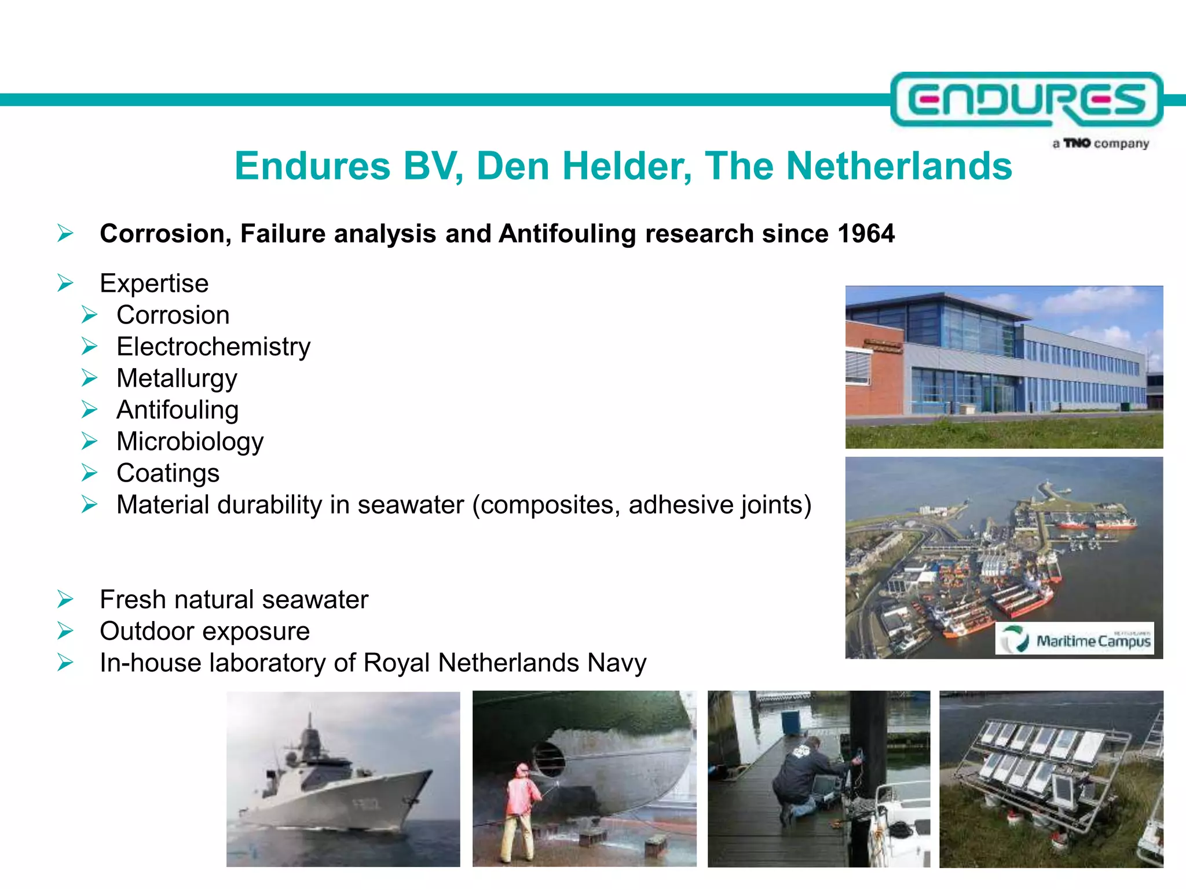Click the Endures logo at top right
1026,100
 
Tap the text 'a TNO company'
1100,144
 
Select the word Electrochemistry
213,347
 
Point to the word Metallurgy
177,379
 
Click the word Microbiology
190,442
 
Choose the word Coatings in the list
168,473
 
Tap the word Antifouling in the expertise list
177,410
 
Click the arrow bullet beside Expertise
65,284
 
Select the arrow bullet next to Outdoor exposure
65,631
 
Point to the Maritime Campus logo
1075,639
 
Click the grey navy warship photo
343,779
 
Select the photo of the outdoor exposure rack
1051,779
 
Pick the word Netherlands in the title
899,167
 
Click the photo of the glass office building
1004,367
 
